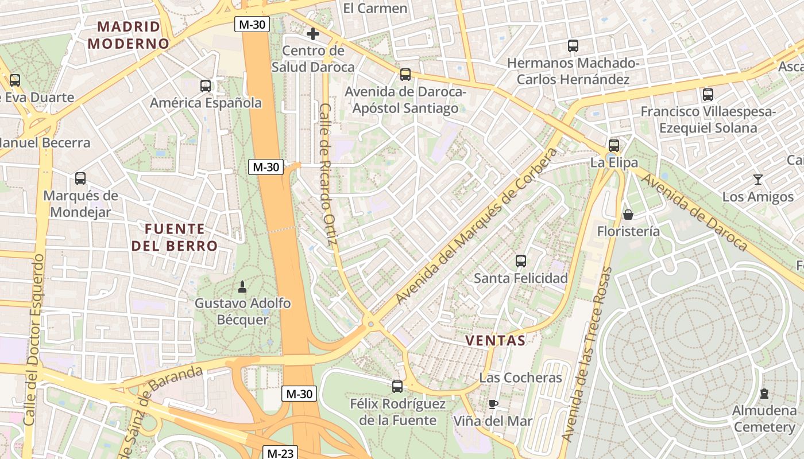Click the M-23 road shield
coord(280,453)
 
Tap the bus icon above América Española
coord(206,86)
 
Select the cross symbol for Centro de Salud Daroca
coord(312,34)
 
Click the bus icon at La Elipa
coord(614,145)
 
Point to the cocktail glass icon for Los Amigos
coord(757,180)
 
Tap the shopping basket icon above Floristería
coord(628,215)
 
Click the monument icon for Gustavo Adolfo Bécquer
coord(242,286)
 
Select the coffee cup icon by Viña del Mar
coord(493,404)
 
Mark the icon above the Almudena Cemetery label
coord(764,394)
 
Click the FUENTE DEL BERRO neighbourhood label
coord(175,238)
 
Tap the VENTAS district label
coord(495,340)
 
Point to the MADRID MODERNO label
coord(129,35)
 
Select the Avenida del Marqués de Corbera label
coord(476,227)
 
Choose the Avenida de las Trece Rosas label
coord(586,354)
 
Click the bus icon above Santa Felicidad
coord(520,261)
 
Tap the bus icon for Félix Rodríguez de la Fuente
coord(397,386)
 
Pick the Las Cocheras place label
coord(520,378)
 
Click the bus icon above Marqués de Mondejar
coord(80,178)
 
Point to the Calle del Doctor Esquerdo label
coord(35,340)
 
